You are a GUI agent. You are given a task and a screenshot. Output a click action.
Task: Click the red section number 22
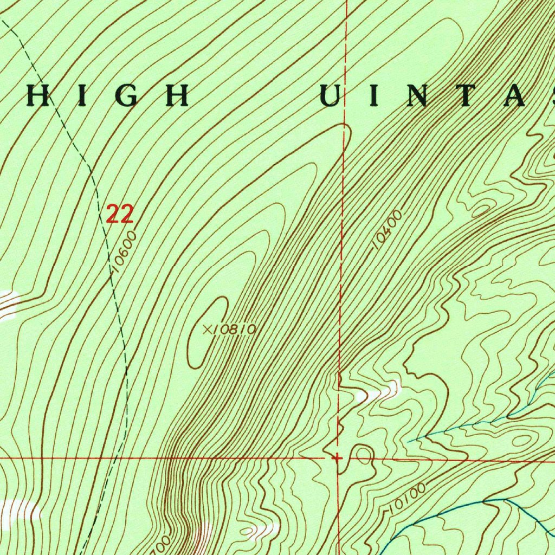tap(119, 214)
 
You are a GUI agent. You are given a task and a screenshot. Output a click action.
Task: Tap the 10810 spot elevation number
tap(234, 330)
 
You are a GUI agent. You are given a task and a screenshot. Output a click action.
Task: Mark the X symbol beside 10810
tap(206, 329)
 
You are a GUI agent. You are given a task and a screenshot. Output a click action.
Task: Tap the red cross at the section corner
tap(338, 458)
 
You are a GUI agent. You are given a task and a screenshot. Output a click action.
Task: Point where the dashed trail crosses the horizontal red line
tap(117, 458)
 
